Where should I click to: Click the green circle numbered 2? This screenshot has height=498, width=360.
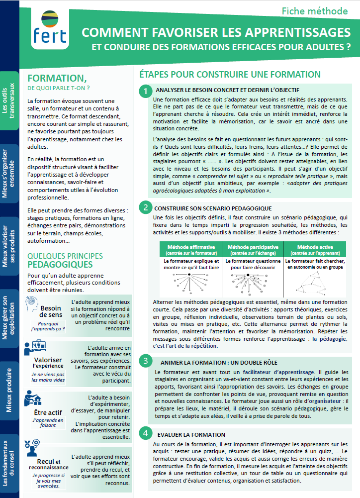coord(145,207)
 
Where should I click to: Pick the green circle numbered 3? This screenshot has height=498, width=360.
coord(145,360)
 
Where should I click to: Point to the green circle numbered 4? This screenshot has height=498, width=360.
coord(145,432)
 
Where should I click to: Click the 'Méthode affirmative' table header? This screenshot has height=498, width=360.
coord(191,250)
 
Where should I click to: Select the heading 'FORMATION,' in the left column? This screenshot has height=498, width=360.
coord(56,79)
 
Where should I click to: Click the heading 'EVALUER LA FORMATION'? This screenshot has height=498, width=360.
coord(191,434)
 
